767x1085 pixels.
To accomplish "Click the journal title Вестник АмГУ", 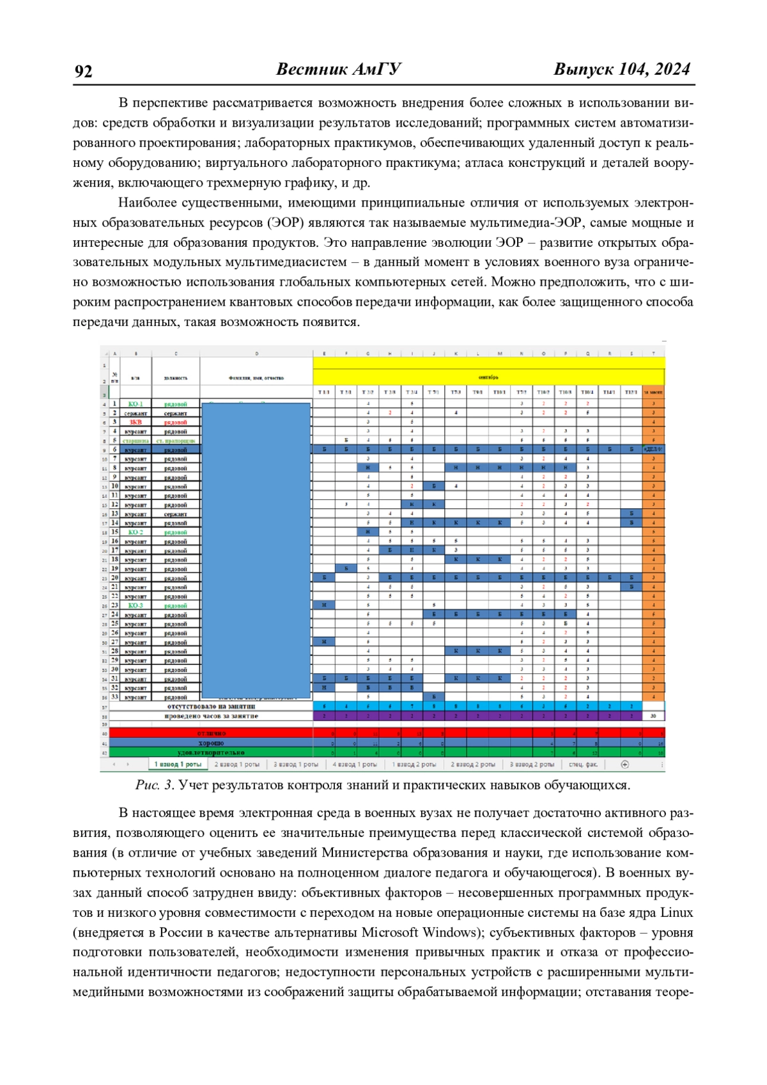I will (338, 70).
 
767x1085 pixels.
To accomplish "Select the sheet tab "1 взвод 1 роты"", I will (178, 765).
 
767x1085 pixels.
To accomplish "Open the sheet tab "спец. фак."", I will (583, 765).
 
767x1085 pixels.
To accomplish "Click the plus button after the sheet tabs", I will (624, 765).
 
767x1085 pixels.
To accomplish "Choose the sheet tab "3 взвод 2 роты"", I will (532, 765).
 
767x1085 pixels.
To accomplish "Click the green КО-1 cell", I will (136, 404).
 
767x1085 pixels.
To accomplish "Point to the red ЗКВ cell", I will (136, 423).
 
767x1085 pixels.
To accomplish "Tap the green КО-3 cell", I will (136, 605).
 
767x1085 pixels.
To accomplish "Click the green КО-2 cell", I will (136, 532).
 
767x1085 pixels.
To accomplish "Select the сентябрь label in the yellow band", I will (488, 377).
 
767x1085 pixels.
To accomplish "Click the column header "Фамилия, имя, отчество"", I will (256, 378).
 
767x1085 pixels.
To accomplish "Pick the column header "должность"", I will (176, 378).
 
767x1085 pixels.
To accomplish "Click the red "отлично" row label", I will (211, 733).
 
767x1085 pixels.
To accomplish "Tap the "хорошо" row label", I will (211, 743).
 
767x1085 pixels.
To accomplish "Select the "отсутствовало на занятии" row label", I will (211, 706).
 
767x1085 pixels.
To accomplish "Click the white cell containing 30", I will (653, 716).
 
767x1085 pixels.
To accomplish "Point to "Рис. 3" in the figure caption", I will (154, 785).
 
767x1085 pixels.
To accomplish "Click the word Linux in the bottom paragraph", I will (676, 912).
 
